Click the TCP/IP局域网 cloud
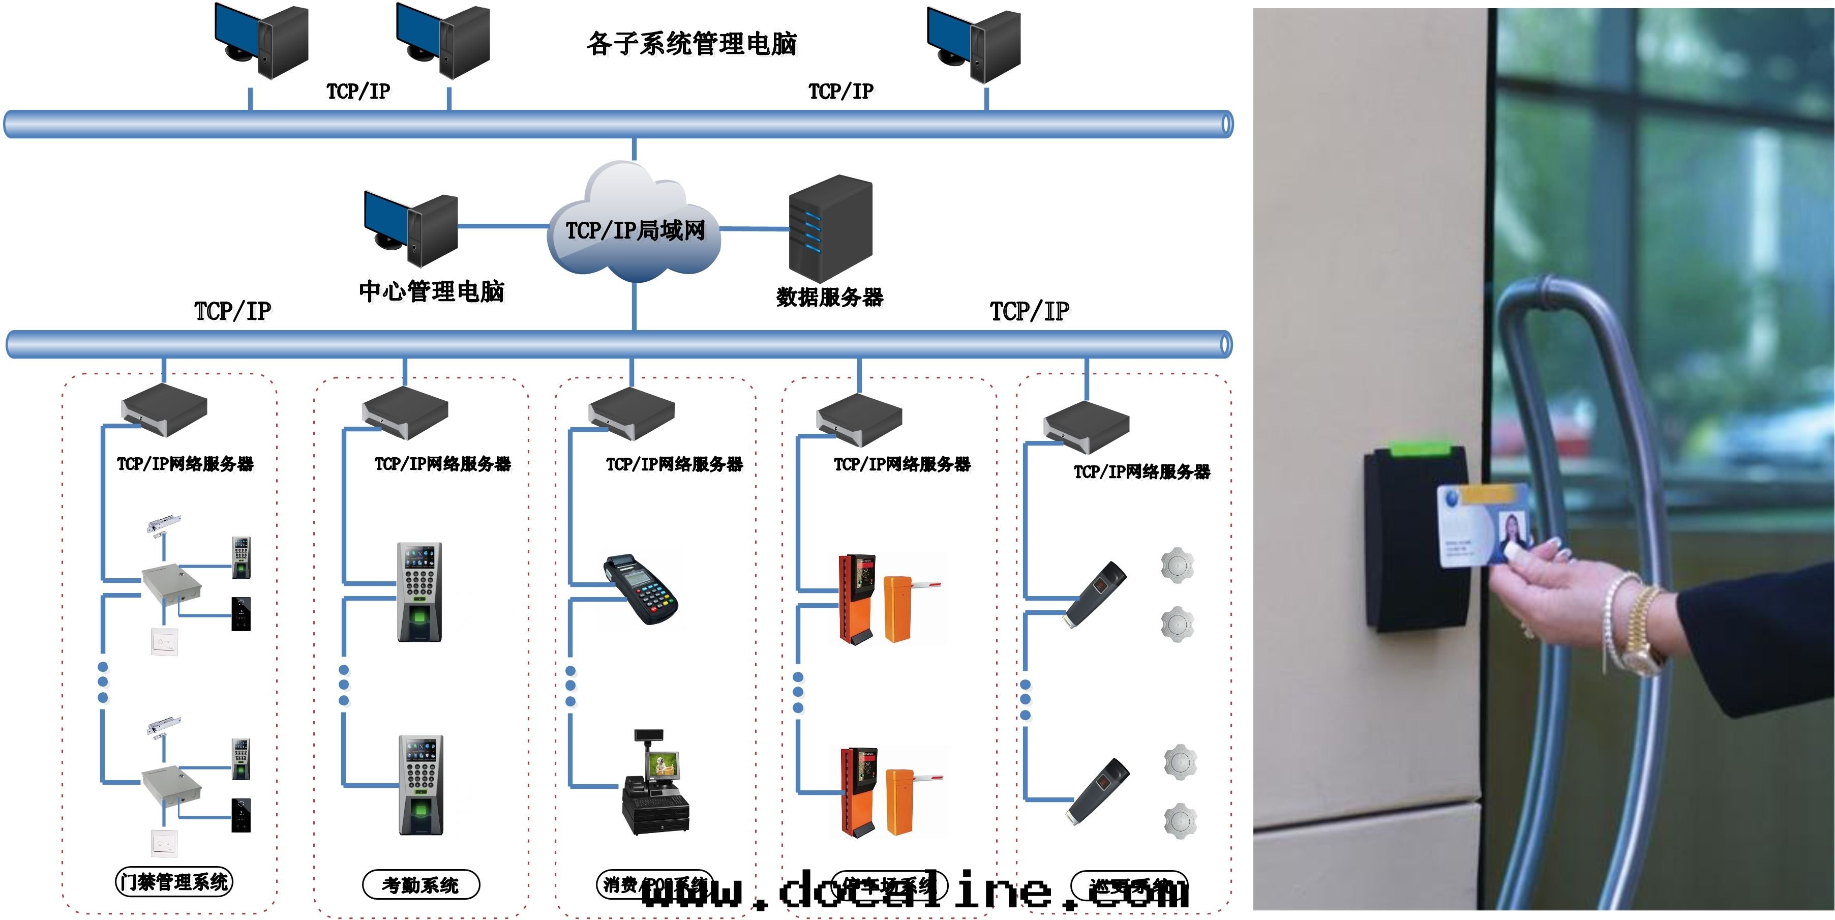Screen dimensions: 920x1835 pyautogui.click(x=635, y=228)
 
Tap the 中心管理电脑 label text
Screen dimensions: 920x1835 pyautogui.click(x=432, y=291)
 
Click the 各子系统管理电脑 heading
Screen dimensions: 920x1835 pyautogui.click(x=691, y=43)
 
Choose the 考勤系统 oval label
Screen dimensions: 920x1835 pyautogui.click(x=420, y=885)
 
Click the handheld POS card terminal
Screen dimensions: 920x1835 pyautogui.click(x=641, y=590)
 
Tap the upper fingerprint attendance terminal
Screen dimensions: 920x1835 pyautogui.click(x=419, y=591)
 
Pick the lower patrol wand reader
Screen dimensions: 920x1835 pyautogui.click(x=1098, y=791)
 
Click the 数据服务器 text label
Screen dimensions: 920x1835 pyautogui.click(x=830, y=297)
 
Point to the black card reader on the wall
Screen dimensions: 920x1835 pyautogui.click(x=1414, y=542)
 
